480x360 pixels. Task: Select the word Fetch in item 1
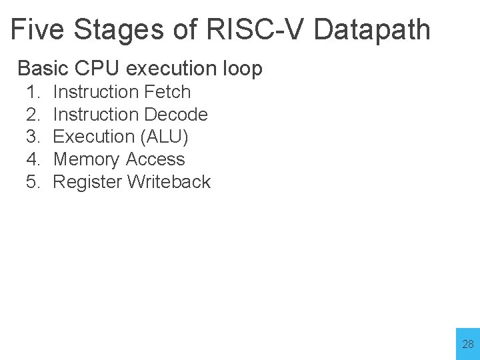167,92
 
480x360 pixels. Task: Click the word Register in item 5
87,182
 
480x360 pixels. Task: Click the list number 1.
33,92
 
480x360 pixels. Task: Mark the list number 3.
33,137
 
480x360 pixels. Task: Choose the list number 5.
33,182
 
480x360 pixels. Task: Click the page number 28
468,345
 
